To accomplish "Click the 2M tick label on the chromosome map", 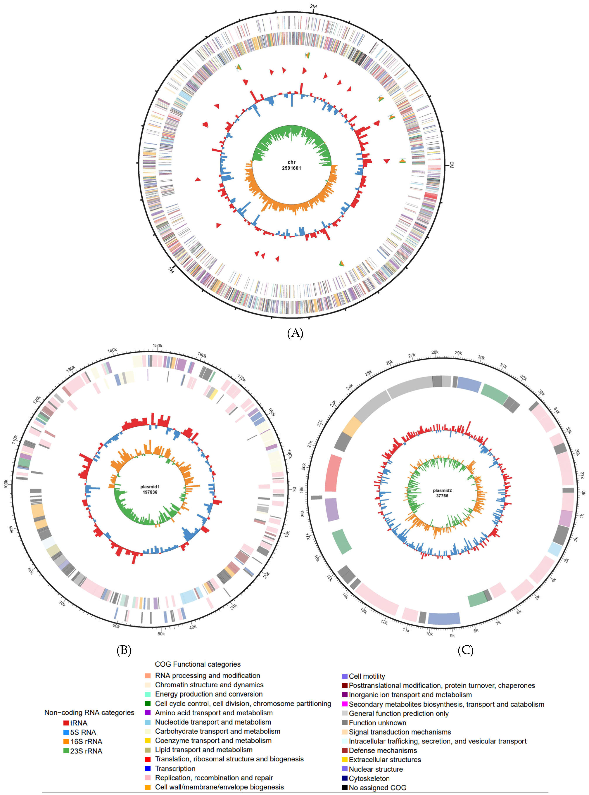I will pyautogui.click(x=313, y=6).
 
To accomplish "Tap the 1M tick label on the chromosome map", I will pyautogui.click(x=171, y=271).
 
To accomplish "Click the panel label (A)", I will pyautogui.click(x=295, y=333).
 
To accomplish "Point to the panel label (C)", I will pyautogui.click(x=465, y=650).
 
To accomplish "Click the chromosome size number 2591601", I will pyautogui.click(x=291, y=168).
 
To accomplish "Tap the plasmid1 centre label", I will pyautogui.click(x=150, y=487).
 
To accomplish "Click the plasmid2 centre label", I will pyautogui.click(x=442, y=490).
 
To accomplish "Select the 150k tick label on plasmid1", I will pyautogui.click(x=157, y=346).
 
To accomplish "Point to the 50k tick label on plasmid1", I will pyautogui.click(x=161, y=633).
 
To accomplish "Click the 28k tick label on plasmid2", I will pyautogui.click(x=435, y=352).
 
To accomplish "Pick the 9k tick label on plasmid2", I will pyautogui.click(x=452, y=636).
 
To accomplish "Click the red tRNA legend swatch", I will pyautogui.click(x=66, y=723).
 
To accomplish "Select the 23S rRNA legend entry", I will pyautogui.click(x=86, y=751).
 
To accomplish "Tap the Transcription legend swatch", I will pyautogui.click(x=148, y=768).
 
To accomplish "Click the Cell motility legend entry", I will pyautogui.click(x=367, y=676).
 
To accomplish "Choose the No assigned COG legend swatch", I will pyautogui.click(x=344, y=787).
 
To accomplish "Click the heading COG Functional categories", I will pyautogui.click(x=198, y=664).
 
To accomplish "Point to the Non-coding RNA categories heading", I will pyautogui.click(x=89, y=712).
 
